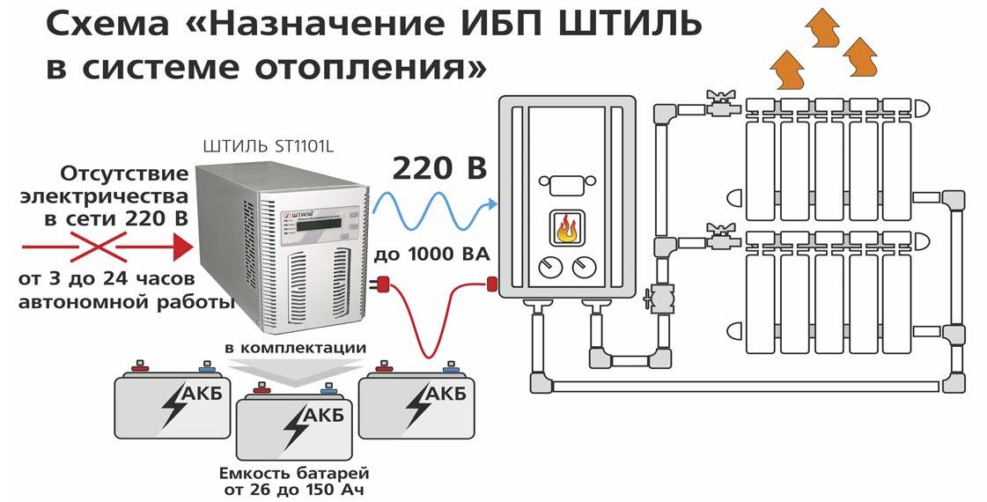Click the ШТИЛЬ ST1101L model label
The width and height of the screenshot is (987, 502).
pos(269,147)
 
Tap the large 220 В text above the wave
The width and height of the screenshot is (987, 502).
pos(440,168)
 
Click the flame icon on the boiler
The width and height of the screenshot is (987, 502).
pos(564,229)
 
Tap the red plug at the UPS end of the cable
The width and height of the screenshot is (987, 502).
pos(383,285)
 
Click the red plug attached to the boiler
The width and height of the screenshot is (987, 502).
pos(491,284)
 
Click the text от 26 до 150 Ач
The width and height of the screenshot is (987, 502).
pos(293,490)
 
